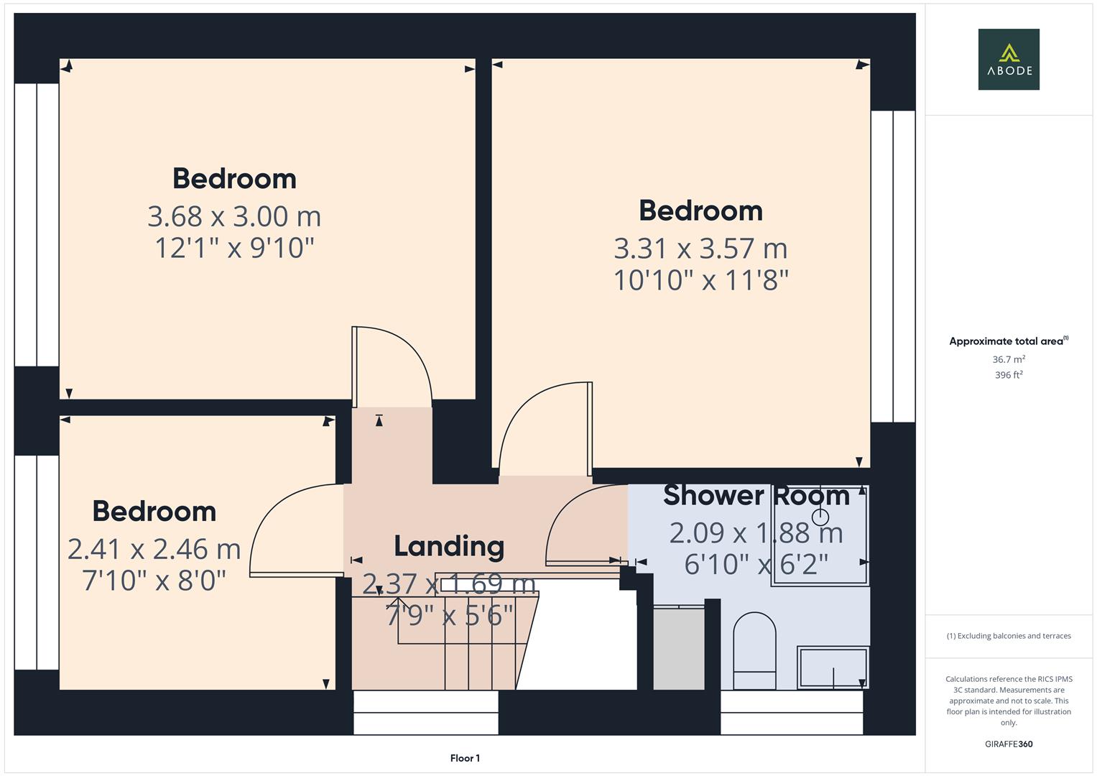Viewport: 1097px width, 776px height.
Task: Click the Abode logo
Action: coord(1008,59)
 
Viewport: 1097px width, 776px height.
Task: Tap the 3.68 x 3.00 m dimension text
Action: coord(234,216)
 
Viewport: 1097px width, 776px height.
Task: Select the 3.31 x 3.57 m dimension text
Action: coord(700,249)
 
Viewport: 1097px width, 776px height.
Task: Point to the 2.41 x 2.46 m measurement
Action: coord(154,549)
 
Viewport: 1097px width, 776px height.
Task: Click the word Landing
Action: coord(449,546)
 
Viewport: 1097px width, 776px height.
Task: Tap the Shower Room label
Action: coord(756,495)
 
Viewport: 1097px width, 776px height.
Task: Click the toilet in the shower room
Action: coord(754,650)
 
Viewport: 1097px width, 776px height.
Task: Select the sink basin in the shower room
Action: coord(833,668)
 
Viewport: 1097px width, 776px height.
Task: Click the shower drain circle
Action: coord(820,517)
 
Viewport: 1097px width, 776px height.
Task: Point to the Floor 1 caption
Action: coord(465,758)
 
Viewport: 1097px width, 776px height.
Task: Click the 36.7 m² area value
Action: coord(1009,359)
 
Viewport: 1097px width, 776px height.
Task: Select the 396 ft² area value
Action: coord(1009,375)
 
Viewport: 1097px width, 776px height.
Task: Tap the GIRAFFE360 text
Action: coord(1009,744)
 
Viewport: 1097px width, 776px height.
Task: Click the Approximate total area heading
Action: coord(1006,341)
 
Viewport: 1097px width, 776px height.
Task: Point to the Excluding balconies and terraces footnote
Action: coord(1009,636)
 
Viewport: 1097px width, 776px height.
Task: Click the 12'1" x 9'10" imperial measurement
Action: coord(234,248)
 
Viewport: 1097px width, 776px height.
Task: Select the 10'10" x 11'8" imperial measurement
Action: coord(700,280)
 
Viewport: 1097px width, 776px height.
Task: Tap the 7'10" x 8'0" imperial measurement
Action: coord(154,580)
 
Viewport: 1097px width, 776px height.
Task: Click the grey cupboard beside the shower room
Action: coord(679,649)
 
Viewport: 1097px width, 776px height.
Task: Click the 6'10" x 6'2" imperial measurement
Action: coord(756,564)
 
